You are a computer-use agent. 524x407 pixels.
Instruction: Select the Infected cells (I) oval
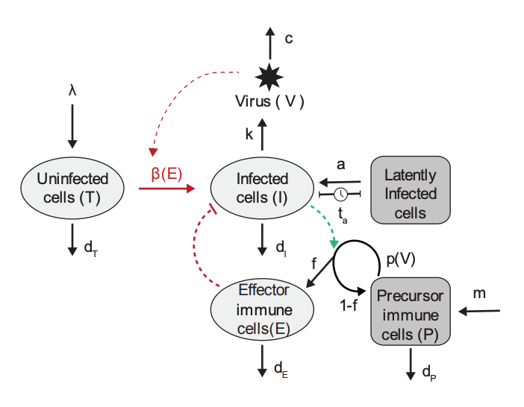[262, 187]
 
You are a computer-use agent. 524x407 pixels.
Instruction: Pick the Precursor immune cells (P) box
[410, 314]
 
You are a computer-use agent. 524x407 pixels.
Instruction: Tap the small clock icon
[340, 195]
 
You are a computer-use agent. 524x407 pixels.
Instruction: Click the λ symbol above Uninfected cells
[72, 91]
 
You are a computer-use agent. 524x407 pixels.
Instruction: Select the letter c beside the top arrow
[288, 39]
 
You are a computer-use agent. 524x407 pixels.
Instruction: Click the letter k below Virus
[249, 134]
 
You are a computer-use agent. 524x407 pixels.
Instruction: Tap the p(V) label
[402, 259]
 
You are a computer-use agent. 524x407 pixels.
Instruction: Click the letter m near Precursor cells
[478, 293]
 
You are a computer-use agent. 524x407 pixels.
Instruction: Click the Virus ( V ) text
[269, 101]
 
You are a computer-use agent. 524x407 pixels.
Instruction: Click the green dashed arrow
[326, 222]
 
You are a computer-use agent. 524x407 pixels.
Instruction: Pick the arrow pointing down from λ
[72, 125]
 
